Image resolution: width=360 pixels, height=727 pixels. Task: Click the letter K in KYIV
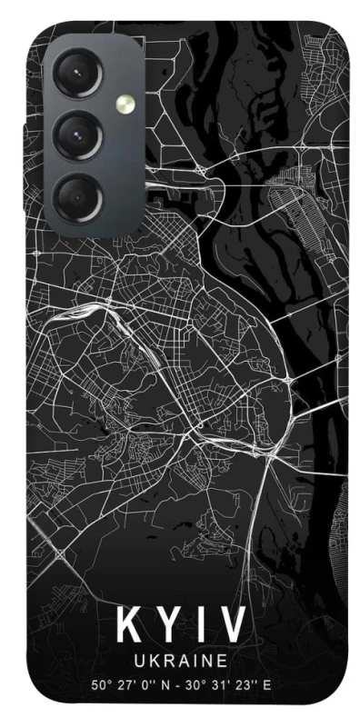tap(129, 626)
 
